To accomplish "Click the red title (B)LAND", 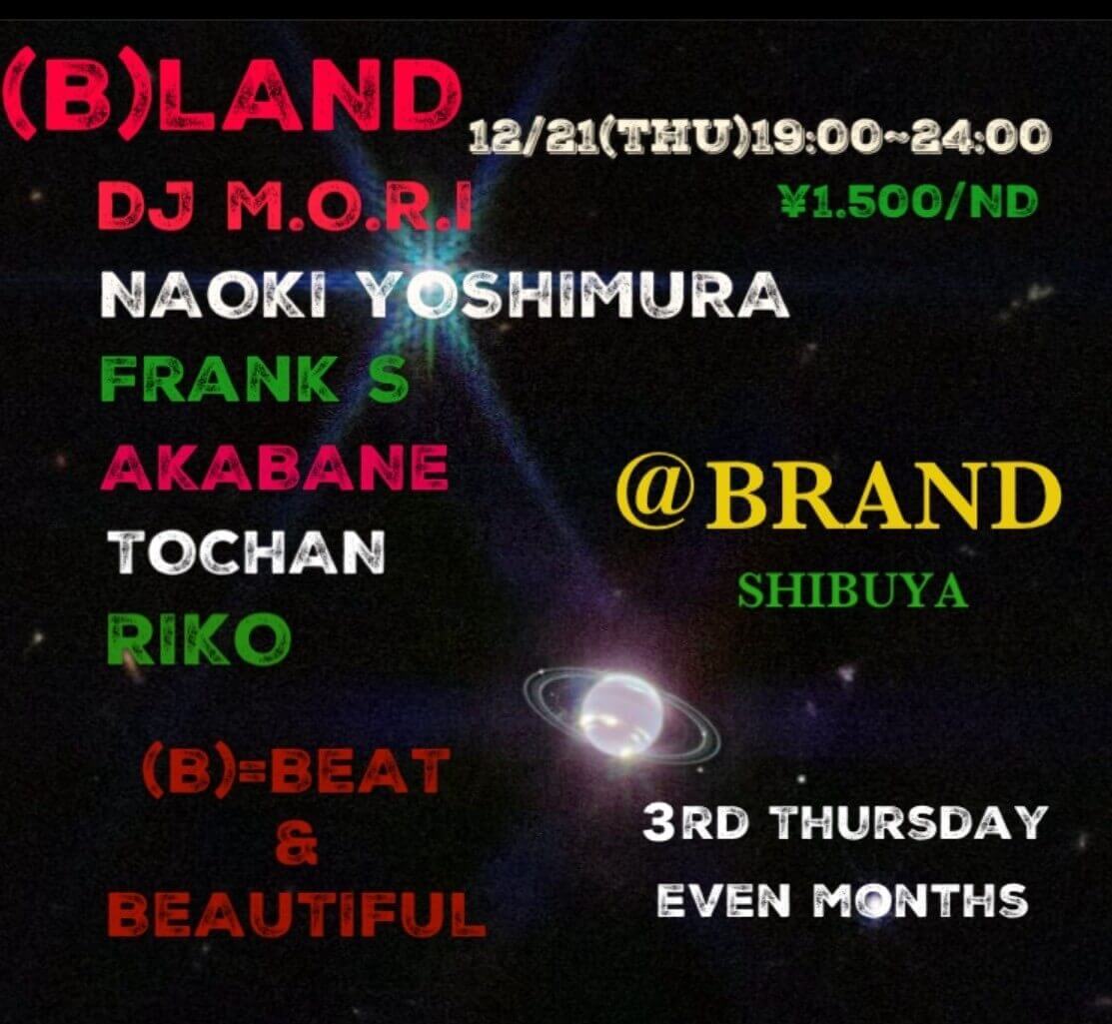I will tap(232, 96).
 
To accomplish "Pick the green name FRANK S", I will tap(256, 380).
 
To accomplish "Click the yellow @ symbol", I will tap(655, 495).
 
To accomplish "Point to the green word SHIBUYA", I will tap(852, 591).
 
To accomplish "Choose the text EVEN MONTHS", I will tap(840, 900).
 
